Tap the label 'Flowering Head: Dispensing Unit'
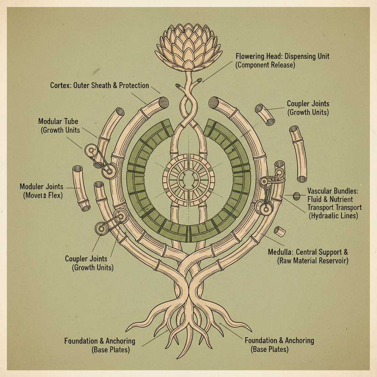click(282, 57)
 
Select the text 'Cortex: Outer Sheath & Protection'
click(99, 86)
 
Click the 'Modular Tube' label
click(58, 121)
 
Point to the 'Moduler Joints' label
click(41, 187)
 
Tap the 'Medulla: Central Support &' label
click(308, 253)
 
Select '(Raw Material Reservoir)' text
click(312, 261)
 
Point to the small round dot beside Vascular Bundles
click(296, 196)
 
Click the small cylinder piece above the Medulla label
click(280, 232)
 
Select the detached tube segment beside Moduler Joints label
click(81, 188)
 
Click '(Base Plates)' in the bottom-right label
click(270, 349)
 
